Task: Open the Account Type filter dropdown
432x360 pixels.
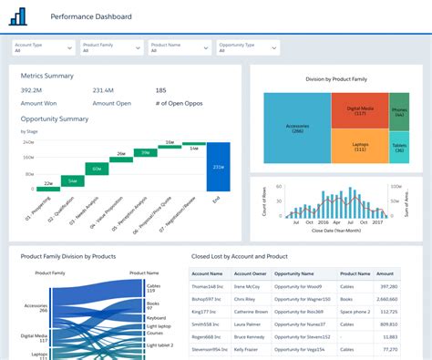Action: click(42, 47)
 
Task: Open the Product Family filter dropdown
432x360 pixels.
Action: click(110, 47)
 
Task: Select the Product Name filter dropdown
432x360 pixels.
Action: click(179, 47)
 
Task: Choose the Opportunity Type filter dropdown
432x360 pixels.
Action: click(246, 47)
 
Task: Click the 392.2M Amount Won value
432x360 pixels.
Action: click(32, 90)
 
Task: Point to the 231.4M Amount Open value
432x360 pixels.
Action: click(104, 90)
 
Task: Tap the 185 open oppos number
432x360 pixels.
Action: click(161, 90)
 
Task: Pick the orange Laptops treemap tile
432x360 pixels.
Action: click(357, 146)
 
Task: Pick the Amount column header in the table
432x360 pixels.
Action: click(385, 273)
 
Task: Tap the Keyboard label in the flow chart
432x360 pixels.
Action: click(156, 318)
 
